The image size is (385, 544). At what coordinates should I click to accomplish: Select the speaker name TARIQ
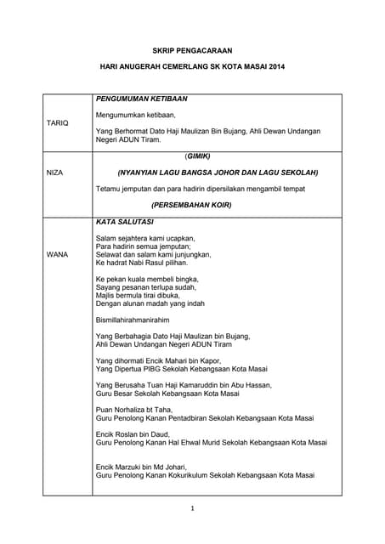click(57, 123)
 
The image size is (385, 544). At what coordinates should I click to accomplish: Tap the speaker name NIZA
click(54, 173)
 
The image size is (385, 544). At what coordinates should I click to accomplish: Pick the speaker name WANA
click(57, 254)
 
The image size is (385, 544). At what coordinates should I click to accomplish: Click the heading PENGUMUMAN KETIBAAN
click(141, 99)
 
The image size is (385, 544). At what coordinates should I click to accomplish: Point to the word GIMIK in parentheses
click(197, 156)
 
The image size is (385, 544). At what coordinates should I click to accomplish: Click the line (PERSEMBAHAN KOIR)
click(191, 205)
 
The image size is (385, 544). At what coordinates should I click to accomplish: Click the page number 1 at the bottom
click(193, 508)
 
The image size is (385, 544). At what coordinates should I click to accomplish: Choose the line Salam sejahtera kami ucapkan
click(145, 238)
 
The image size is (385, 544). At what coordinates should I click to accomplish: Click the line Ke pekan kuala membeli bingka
click(147, 279)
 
